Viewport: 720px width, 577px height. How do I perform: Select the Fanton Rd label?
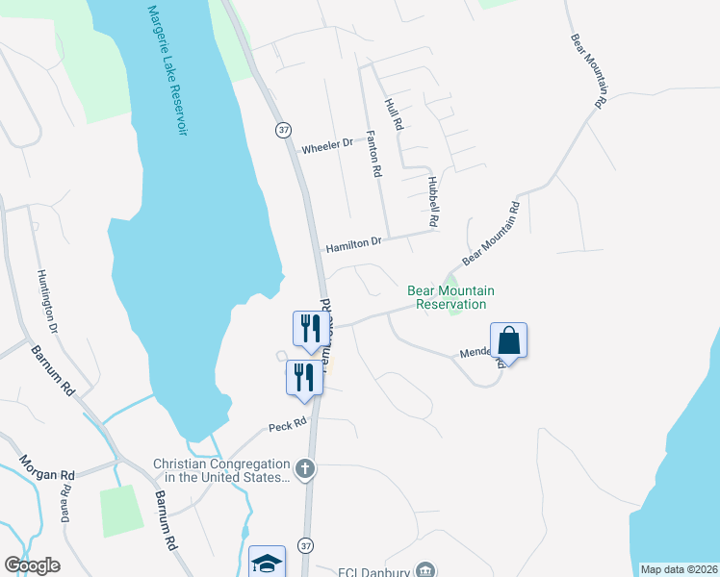(x=373, y=155)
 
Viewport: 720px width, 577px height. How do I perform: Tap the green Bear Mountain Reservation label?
(x=450, y=297)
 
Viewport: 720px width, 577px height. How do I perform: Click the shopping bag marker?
(x=508, y=341)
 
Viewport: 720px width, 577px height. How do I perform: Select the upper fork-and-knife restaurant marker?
(x=310, y=329)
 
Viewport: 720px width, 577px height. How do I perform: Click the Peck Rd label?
(x=287, y=422)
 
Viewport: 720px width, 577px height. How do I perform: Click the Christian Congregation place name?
(x=221, y=470)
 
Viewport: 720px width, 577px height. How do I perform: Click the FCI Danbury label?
(x=374, y=570)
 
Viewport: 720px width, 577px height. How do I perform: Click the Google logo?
(x=32, y=565)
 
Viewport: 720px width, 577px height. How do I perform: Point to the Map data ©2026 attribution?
(x=679, y=569)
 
